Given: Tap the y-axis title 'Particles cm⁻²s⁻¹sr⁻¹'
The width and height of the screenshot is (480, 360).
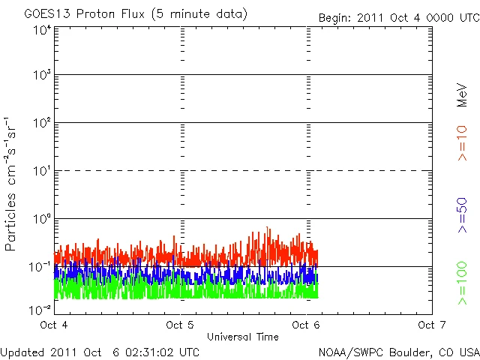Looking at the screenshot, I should [x=13, y=184].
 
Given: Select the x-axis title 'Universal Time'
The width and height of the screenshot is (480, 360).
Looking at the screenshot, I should [x=242, y=337].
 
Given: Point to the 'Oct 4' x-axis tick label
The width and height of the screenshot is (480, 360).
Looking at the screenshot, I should [x=54, y=325].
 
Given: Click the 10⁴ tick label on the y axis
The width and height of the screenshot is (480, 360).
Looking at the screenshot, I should [x=42, y=31].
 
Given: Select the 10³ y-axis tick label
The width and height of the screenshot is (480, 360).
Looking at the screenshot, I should [x=42, y=76].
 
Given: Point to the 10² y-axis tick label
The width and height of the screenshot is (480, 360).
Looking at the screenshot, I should [x=42, y=124].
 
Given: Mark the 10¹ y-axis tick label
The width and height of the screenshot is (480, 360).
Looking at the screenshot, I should [x=42, y=172].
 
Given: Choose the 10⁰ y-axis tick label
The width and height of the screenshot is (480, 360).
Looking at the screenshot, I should [x=42, y=220].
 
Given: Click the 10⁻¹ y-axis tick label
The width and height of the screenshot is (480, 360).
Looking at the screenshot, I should [x=40, y=267].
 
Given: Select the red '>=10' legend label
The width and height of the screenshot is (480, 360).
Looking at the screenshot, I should [x=462, y=142].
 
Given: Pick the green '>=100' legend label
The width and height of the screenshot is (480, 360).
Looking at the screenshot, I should [x=462, y=283].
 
